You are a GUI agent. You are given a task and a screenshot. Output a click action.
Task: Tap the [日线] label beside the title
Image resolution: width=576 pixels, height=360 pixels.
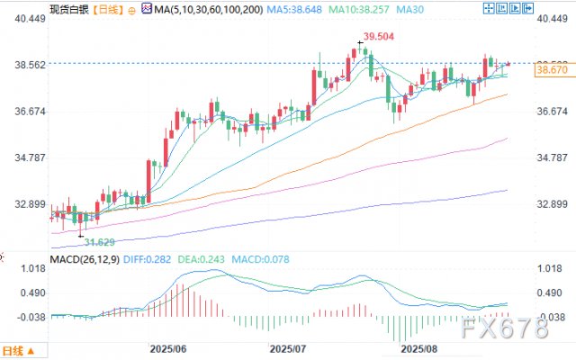[x=108, y=9]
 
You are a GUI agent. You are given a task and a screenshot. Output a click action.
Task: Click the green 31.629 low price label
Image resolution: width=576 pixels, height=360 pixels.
[x=99, y=242]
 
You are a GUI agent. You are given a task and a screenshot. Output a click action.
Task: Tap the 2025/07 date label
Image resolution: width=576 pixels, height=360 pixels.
[x=290, y=346]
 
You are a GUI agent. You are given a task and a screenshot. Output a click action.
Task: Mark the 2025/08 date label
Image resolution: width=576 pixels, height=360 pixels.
[x=418, y=346]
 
